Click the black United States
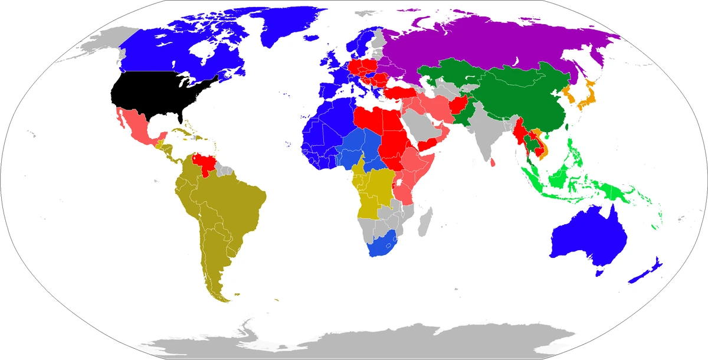(x=159, y=94)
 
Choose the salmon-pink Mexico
(x=136, y=127)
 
